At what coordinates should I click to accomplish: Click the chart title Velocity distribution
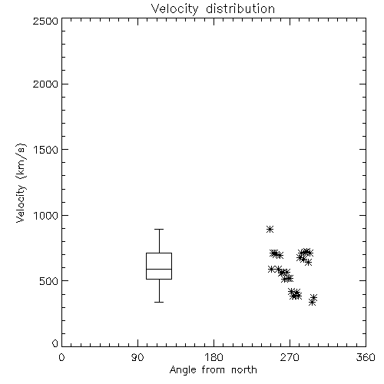tap(213, 9)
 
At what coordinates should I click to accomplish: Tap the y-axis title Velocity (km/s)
tap(21, 183)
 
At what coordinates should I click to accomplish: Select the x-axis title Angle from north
tap(214, 370)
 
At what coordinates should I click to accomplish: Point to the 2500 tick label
tap(45, 21)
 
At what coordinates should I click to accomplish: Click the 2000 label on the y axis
tap(45, 84)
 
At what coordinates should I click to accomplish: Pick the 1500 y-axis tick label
tap(46, 150)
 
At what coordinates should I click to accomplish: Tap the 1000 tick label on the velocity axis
tap(46, 215)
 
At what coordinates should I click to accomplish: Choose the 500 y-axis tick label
tap(49, 281)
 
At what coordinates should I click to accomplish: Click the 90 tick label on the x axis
tap(137, 357)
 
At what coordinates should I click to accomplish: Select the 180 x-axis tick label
tap(214, 357)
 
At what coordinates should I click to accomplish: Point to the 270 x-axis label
tap(290, 357)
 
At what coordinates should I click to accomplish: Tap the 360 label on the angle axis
tap(366, 357)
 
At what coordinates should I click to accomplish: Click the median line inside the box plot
tap(159, 269)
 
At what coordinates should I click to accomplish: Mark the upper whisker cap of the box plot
tap(159, 229)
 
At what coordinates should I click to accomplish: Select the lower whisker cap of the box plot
tap(159, 302)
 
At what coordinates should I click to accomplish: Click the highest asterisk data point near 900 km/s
tap(270, 229)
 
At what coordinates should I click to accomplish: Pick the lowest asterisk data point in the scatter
tap(312, 303)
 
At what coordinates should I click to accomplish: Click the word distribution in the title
tap(240, 9)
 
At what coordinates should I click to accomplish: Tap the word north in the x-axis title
tap(244, 370)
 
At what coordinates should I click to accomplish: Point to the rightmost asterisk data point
tap(314, 297)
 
